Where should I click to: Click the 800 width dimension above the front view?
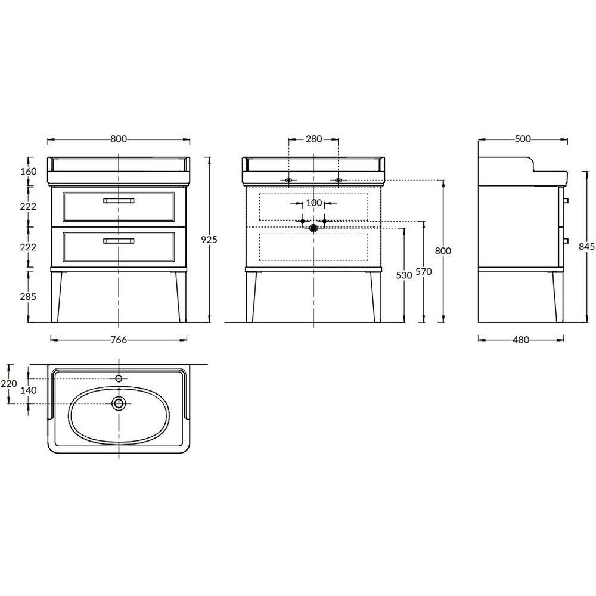(119, 139)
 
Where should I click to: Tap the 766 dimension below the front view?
(119, 340)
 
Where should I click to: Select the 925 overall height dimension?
(209, 240)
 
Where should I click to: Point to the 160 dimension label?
(29, 172)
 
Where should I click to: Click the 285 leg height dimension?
(28, 296)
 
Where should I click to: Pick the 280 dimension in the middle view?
(314, 139)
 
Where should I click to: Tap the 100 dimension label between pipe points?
(314, 203)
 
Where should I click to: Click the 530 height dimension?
(404, 275)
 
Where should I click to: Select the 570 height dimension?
(424, 272)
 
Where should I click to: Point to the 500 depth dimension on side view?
(523, 139)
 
